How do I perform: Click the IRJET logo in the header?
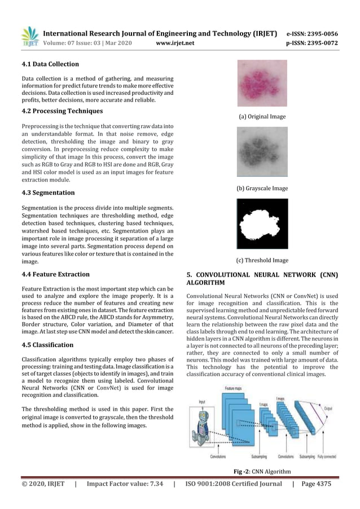coord(29,37)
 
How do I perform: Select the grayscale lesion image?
coord(262,152)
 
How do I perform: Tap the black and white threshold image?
coord(262,224)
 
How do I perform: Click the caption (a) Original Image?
coord(262,117)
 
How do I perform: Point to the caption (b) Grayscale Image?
coord(262,188)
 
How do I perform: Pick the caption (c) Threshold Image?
coord(262,261)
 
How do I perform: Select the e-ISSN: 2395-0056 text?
coord(312,33)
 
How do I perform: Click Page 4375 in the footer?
coord(316,484)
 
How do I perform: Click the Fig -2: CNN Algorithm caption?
coord(262,471)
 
